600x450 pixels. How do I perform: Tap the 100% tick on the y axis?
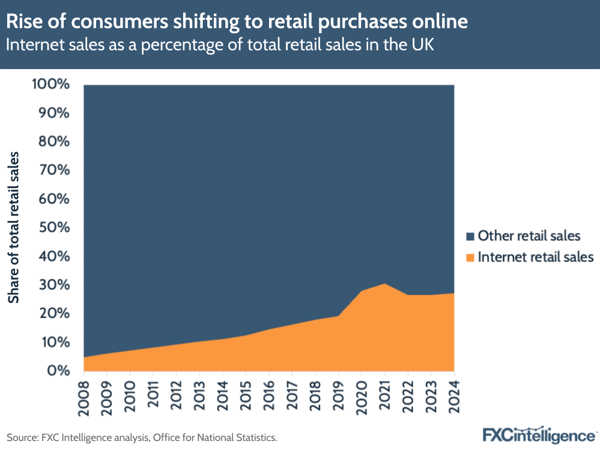pyautogui.click(x=51, y=84)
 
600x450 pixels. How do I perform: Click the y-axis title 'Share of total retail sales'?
pyautogui.click(x=14, y=228)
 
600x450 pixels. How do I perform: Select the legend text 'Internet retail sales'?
pyautogui.click(x=535, y=257)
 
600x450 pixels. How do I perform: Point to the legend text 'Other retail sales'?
pyautogui.click(x=529, y=236)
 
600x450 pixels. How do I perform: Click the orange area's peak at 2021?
pyautogui.click(x=384, y=284)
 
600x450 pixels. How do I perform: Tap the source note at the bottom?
pyautogui.click(x=142, y=437)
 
